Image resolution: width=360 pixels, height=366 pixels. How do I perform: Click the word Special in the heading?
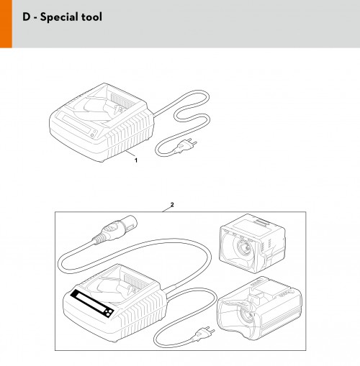(58, 17)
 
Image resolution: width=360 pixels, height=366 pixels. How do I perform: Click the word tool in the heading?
(91, 17)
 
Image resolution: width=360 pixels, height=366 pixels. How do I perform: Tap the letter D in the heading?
(27, 17)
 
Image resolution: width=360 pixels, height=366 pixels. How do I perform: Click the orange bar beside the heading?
(6, 24)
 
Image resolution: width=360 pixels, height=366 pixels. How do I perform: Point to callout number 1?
(136, 160)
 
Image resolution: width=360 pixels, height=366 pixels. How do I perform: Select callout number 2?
(172, 204)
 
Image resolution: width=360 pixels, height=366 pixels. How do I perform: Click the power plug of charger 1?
(186, 146)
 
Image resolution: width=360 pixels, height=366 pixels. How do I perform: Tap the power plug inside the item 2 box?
(204, 333)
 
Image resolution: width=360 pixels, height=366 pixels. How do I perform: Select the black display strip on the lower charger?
(92, 304)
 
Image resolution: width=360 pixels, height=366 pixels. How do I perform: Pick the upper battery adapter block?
(252, 243)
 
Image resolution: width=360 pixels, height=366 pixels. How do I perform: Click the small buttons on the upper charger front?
(93, 134)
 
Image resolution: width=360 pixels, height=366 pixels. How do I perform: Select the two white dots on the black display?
(108, 312)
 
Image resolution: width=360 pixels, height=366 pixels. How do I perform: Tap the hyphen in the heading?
(35, 18)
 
